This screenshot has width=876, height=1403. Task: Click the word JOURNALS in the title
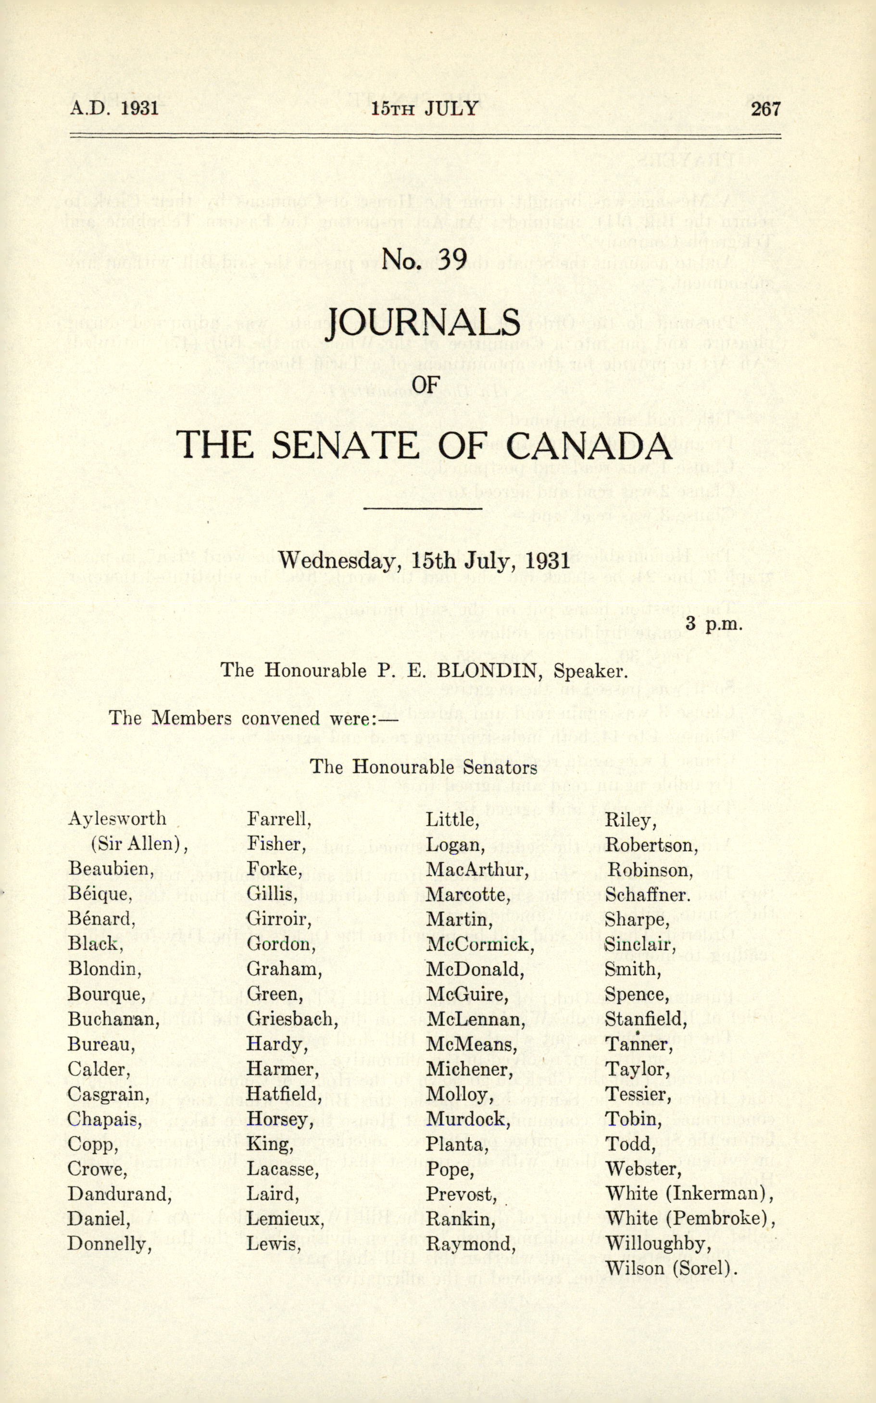tap(423, 323)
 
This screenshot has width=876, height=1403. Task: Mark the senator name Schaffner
tap(648, 894)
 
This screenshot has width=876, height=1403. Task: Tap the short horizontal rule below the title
tap(423, 509)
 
